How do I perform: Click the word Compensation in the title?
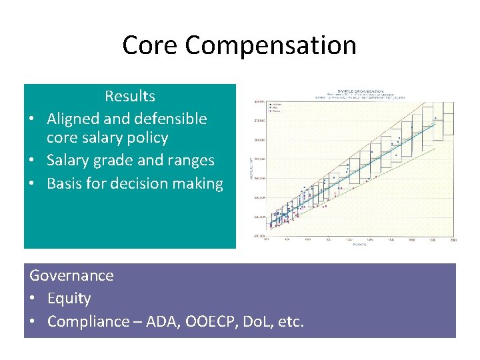tap(271, 45)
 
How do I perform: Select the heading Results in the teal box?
tap(130, 96)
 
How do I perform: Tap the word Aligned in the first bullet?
tap(71, 119)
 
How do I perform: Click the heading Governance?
tap(71, 275)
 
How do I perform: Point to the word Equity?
tap(69, 298)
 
